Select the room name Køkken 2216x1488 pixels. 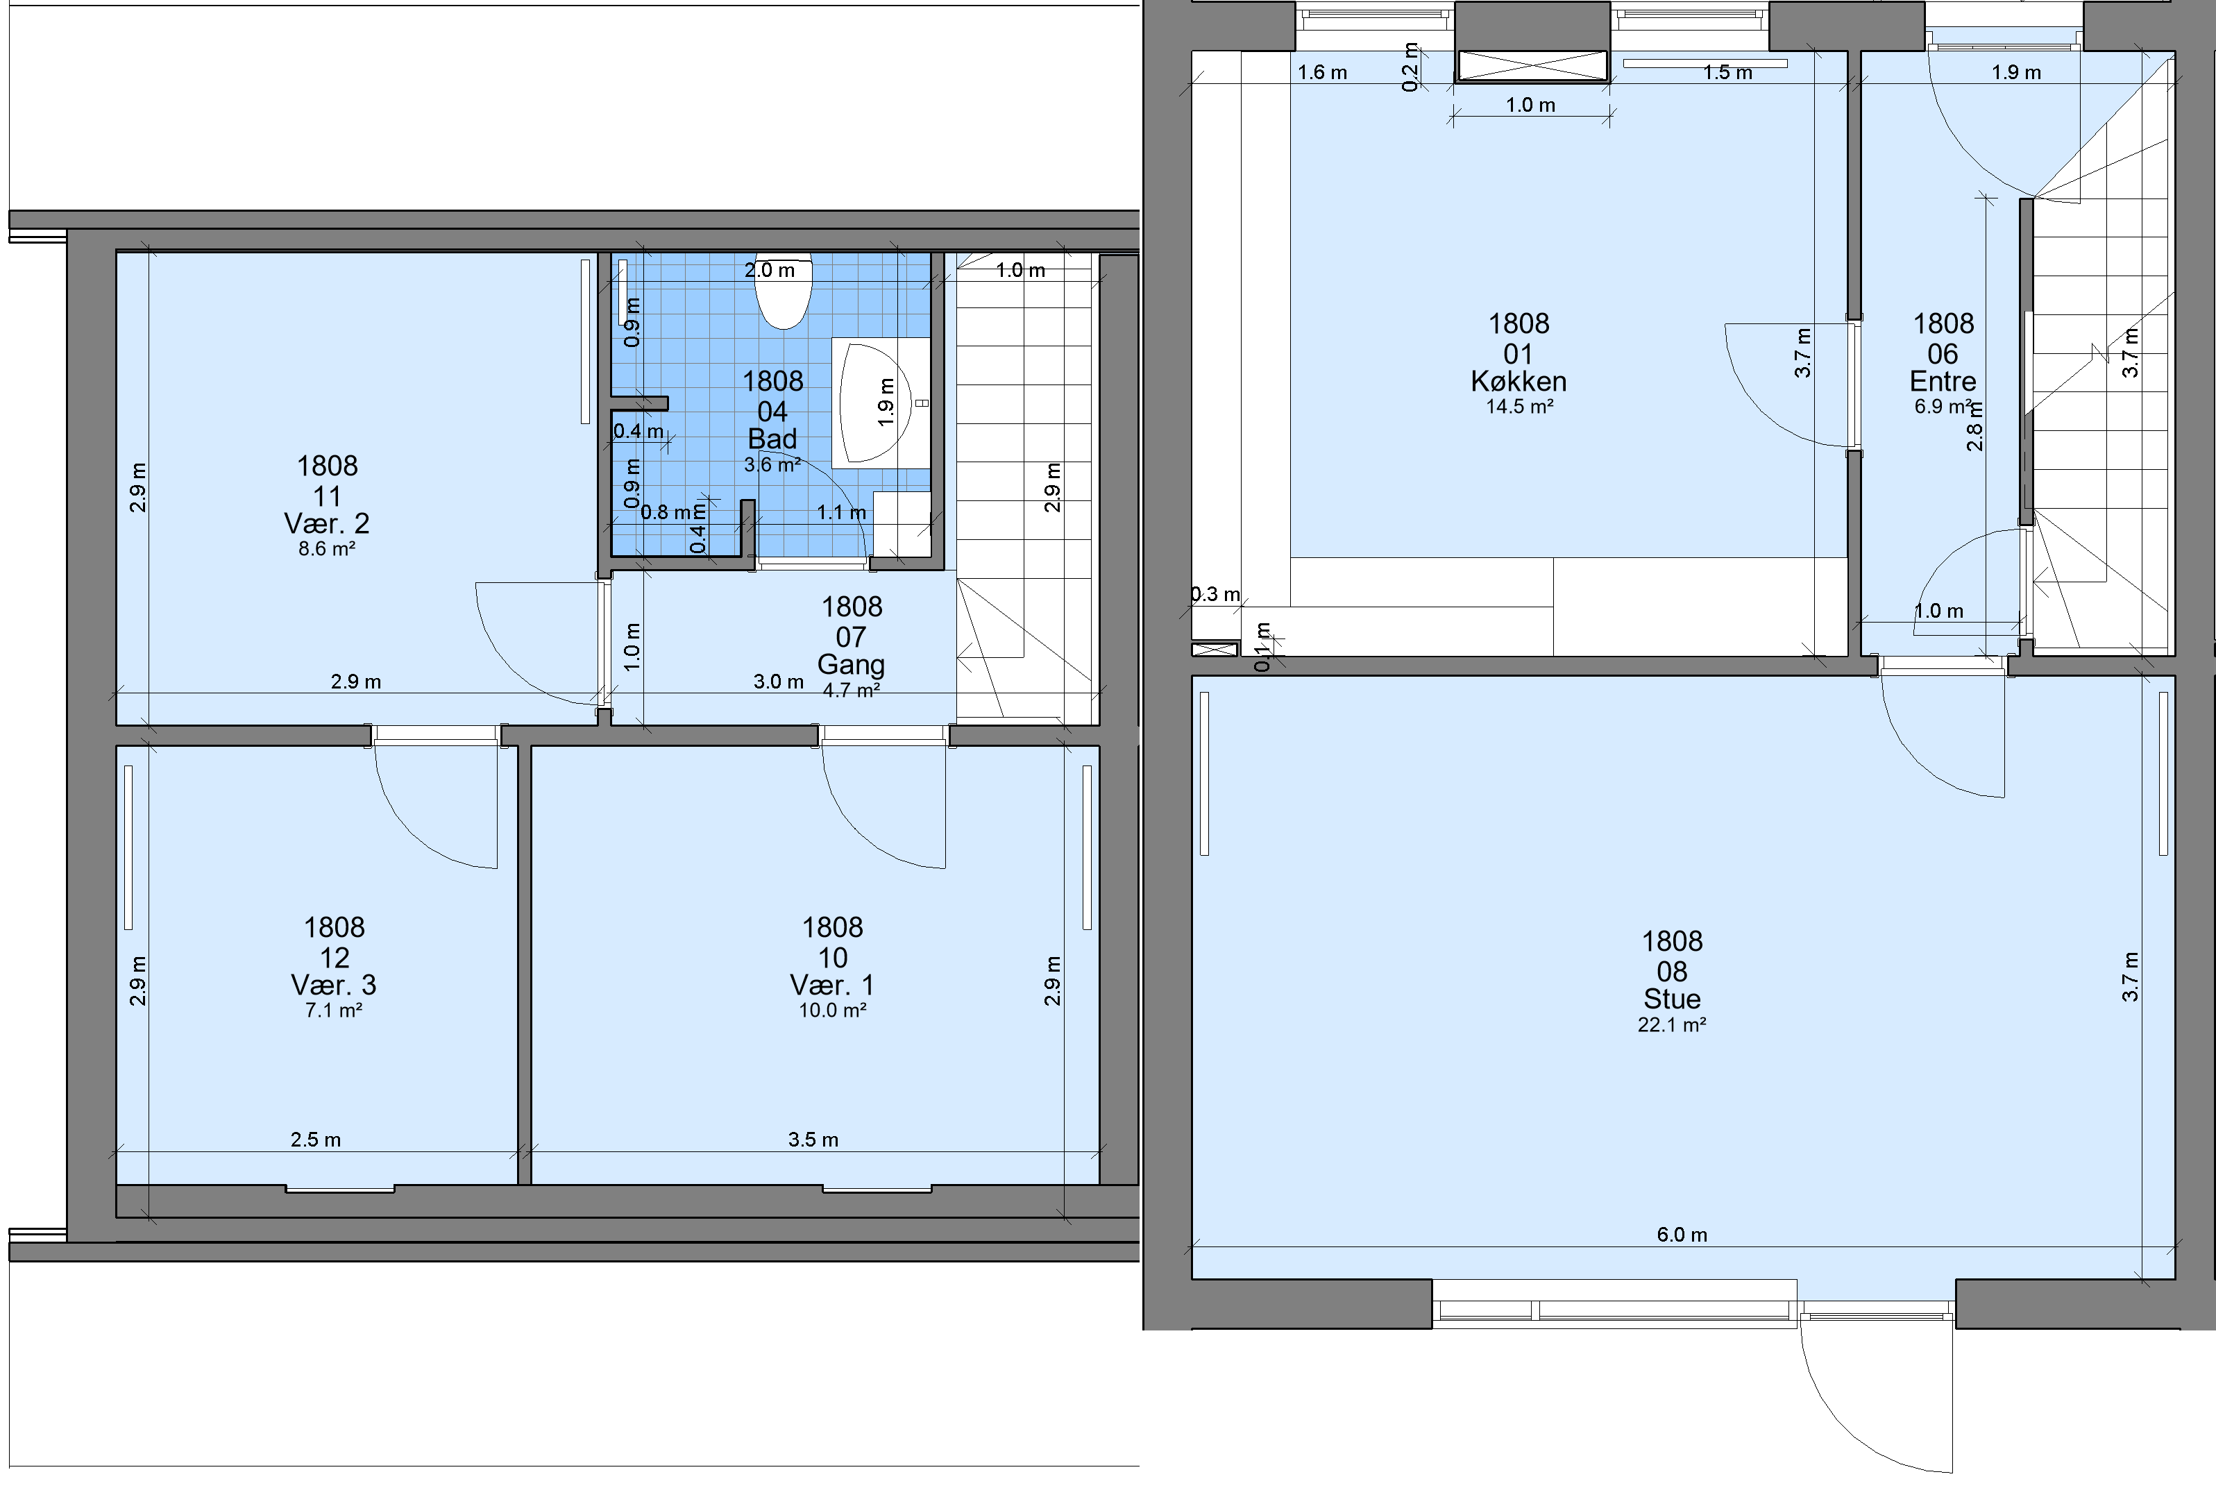click(x=1519, y=382)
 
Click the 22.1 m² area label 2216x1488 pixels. click(x=1672, y=1025)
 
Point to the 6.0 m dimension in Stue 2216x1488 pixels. click(x=1682, y=1235)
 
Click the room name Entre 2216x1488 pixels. click(x=1943, y=382)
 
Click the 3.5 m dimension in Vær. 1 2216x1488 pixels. click(x=813, y=1140)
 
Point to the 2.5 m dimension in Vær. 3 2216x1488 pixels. click(x=316, y=1140)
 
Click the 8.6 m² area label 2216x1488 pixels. click(x=326, y=548)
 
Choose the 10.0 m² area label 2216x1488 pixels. click(x=832, y=1011)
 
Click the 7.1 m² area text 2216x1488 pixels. click(x=334, y=1011)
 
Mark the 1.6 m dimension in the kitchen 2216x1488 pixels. click(x=1322, y=72)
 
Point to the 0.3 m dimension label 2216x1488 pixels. click(x=1216, y=594)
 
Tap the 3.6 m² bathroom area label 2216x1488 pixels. click(x=772, y=465)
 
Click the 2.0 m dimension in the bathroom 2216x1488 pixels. click(x=770, y=271)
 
